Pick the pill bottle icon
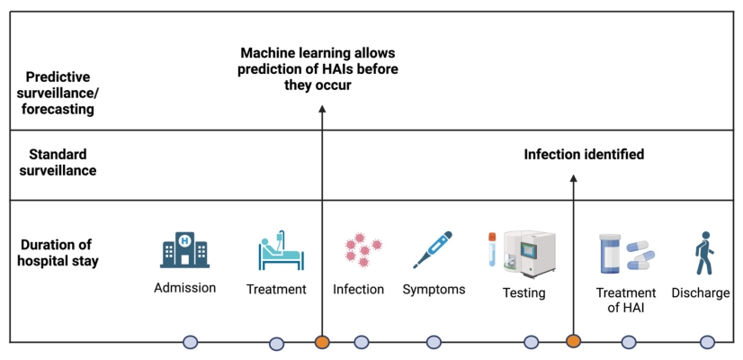(611, 253)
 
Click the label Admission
(184, 289)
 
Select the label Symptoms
(434, 289)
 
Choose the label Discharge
(701, 292)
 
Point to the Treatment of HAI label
(626, 300)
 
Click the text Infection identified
(584, 155)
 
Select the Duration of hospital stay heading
(59, 252)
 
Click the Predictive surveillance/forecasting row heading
(61, 94)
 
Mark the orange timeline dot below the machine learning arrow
(322, 342)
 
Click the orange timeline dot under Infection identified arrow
(573, 341)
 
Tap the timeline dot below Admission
(190, 342)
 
